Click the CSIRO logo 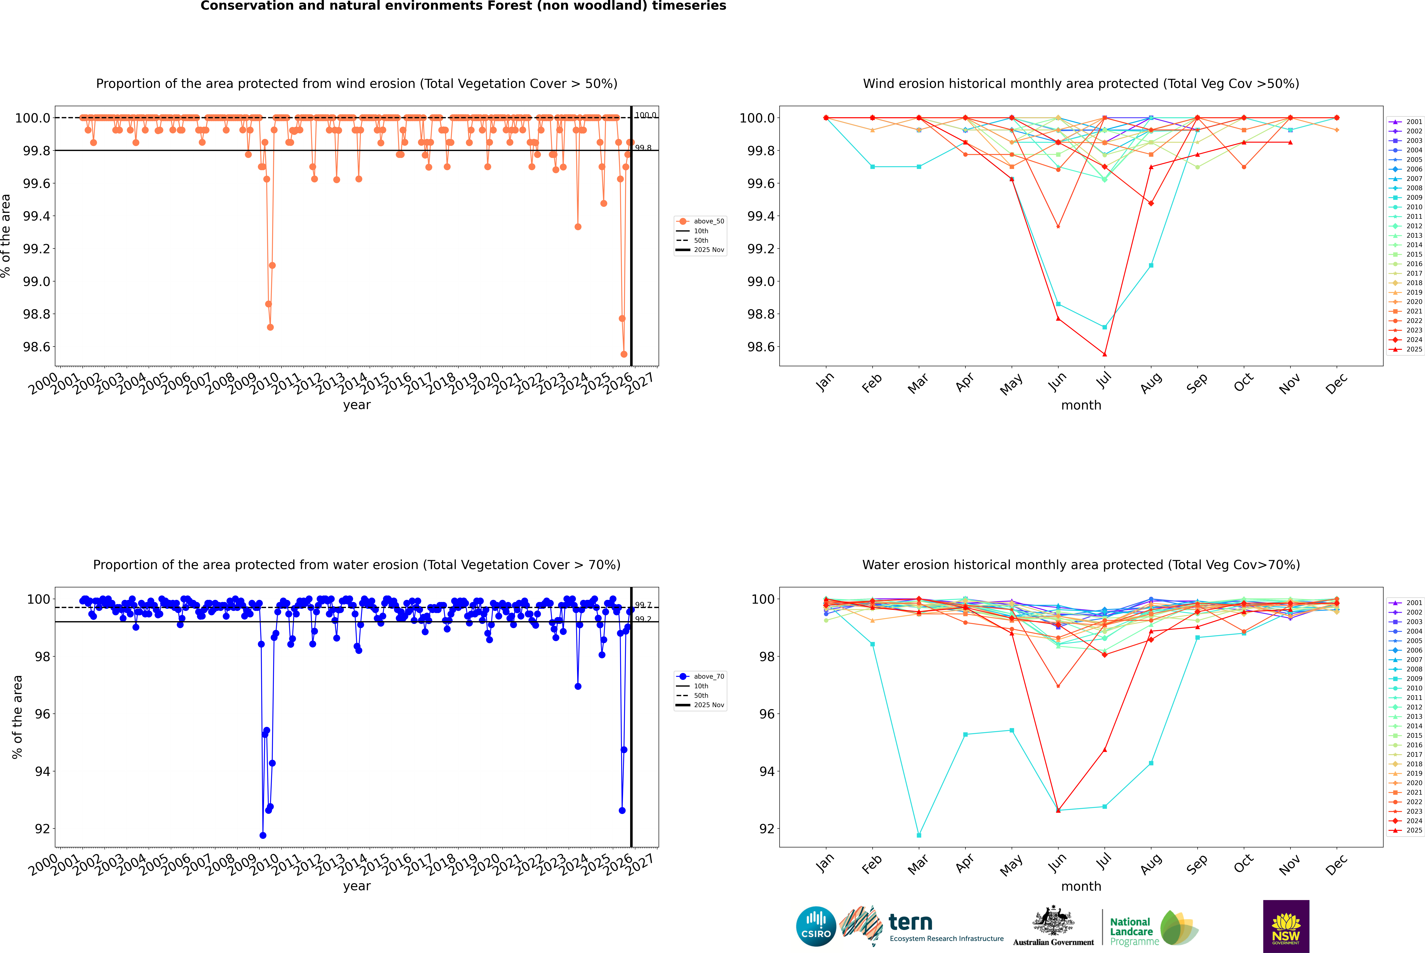pyautogui.click(x=816, y=926)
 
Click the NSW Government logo pyautogui.click(x=1286, y=926)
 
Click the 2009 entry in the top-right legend pyautogui.click(x=1413, y=198)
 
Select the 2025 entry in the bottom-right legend pyautogui.click(x=1413, y=830)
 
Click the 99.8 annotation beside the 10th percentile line pyautogui.click(x=643, y=148)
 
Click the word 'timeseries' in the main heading pyautogui.click(x=689, y=6)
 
